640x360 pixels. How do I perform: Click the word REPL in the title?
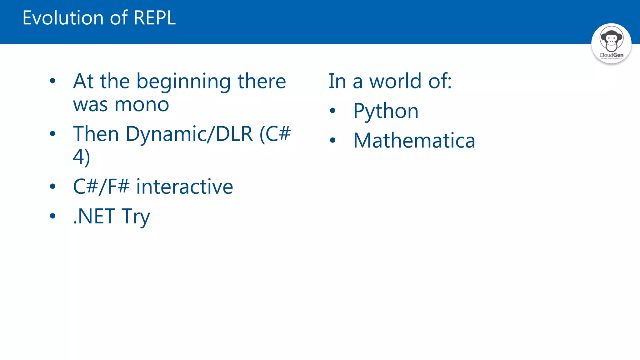click(x=154, y=18)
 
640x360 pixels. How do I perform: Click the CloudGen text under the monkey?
click(x=611, y=55)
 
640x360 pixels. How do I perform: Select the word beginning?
click(x=183, y=82)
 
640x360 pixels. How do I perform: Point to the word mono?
click(x=142, y=105)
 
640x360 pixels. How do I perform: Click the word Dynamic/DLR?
click(x=189, y=134)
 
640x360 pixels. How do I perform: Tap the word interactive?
click(x=184, y=187)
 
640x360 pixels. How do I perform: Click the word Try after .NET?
click(x=136, y=216)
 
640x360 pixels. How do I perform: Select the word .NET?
click(x=94, y=216)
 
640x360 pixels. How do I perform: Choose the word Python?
click(x=386, y=111)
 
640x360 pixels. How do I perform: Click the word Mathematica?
click(x=414, y=141)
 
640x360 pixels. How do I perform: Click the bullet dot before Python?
click(x=332, y=111)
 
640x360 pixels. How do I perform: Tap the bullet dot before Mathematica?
click(x=332, y=140)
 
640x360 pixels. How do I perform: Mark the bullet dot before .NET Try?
click(x=52, y=216)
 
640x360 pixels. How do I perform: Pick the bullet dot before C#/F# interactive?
click(x=52, y=187)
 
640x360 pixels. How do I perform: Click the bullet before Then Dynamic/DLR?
click(x=52, y=134)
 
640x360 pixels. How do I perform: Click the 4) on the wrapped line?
click(x=81, y=157)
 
